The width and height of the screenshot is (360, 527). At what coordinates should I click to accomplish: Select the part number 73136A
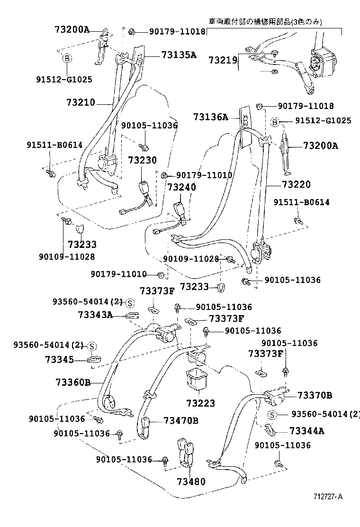tap(210, 117)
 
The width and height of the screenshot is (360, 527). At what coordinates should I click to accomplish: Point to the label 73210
tap(81, 102)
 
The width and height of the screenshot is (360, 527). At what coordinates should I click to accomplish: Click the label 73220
tap(296, 184)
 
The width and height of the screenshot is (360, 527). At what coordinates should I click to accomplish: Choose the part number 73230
tap(142, 161)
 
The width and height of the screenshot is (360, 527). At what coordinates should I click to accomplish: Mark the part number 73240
tap(180, 187)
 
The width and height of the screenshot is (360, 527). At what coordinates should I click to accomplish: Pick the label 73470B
tap(181, 420)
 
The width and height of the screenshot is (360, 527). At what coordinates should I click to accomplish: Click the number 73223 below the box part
tap(200, 403)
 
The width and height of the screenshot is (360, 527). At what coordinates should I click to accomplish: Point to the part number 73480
tap(191, 482)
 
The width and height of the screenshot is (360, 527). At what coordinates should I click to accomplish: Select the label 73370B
tap(315, 395)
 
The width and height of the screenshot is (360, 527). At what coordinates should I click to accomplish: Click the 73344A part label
tap(306, 431)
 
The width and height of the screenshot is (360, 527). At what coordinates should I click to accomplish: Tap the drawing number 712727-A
tap(327, 496)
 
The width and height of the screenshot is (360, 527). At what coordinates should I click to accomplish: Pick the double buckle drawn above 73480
tap(187, 452)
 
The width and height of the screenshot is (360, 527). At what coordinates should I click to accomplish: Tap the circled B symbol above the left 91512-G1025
tap(67, 58)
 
